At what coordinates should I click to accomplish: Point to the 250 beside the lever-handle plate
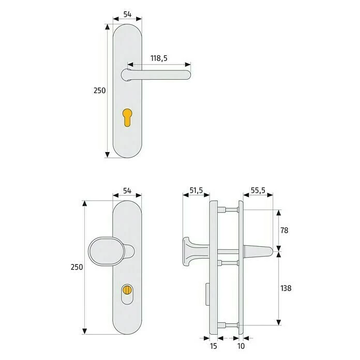(99, 90)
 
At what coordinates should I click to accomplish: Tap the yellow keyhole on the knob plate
(127, 291)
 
